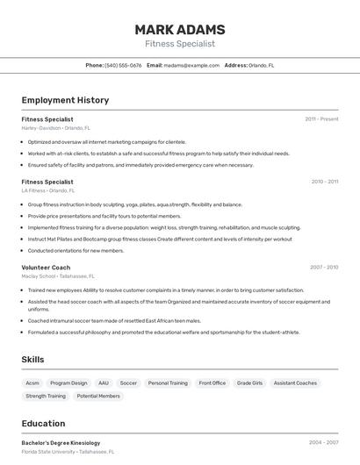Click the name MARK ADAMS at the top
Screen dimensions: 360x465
point(180,29)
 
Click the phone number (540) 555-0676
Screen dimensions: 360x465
point(123,65)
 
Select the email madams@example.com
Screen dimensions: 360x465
point(191,65)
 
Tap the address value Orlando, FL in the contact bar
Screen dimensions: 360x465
point(262,65)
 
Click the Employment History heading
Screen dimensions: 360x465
point(65,100)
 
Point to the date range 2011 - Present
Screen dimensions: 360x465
point(321,118)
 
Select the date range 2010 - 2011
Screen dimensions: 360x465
point(324,182)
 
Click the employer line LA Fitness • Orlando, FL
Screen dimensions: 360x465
point(48,190)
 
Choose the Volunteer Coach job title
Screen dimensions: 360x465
point(46,267)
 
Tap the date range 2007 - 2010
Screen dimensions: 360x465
point(324,267)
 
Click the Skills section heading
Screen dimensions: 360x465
point(32,359)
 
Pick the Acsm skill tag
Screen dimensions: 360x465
point(32,383)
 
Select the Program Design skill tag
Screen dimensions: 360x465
point(68,383)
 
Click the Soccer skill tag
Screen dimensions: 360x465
point(128,383)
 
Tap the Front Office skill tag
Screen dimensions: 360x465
point(212,383)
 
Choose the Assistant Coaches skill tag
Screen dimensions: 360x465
point(295,383)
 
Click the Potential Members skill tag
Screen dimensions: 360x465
point(98,396)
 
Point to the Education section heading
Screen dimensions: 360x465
point(43,423)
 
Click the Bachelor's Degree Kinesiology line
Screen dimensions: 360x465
point(61,443)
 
